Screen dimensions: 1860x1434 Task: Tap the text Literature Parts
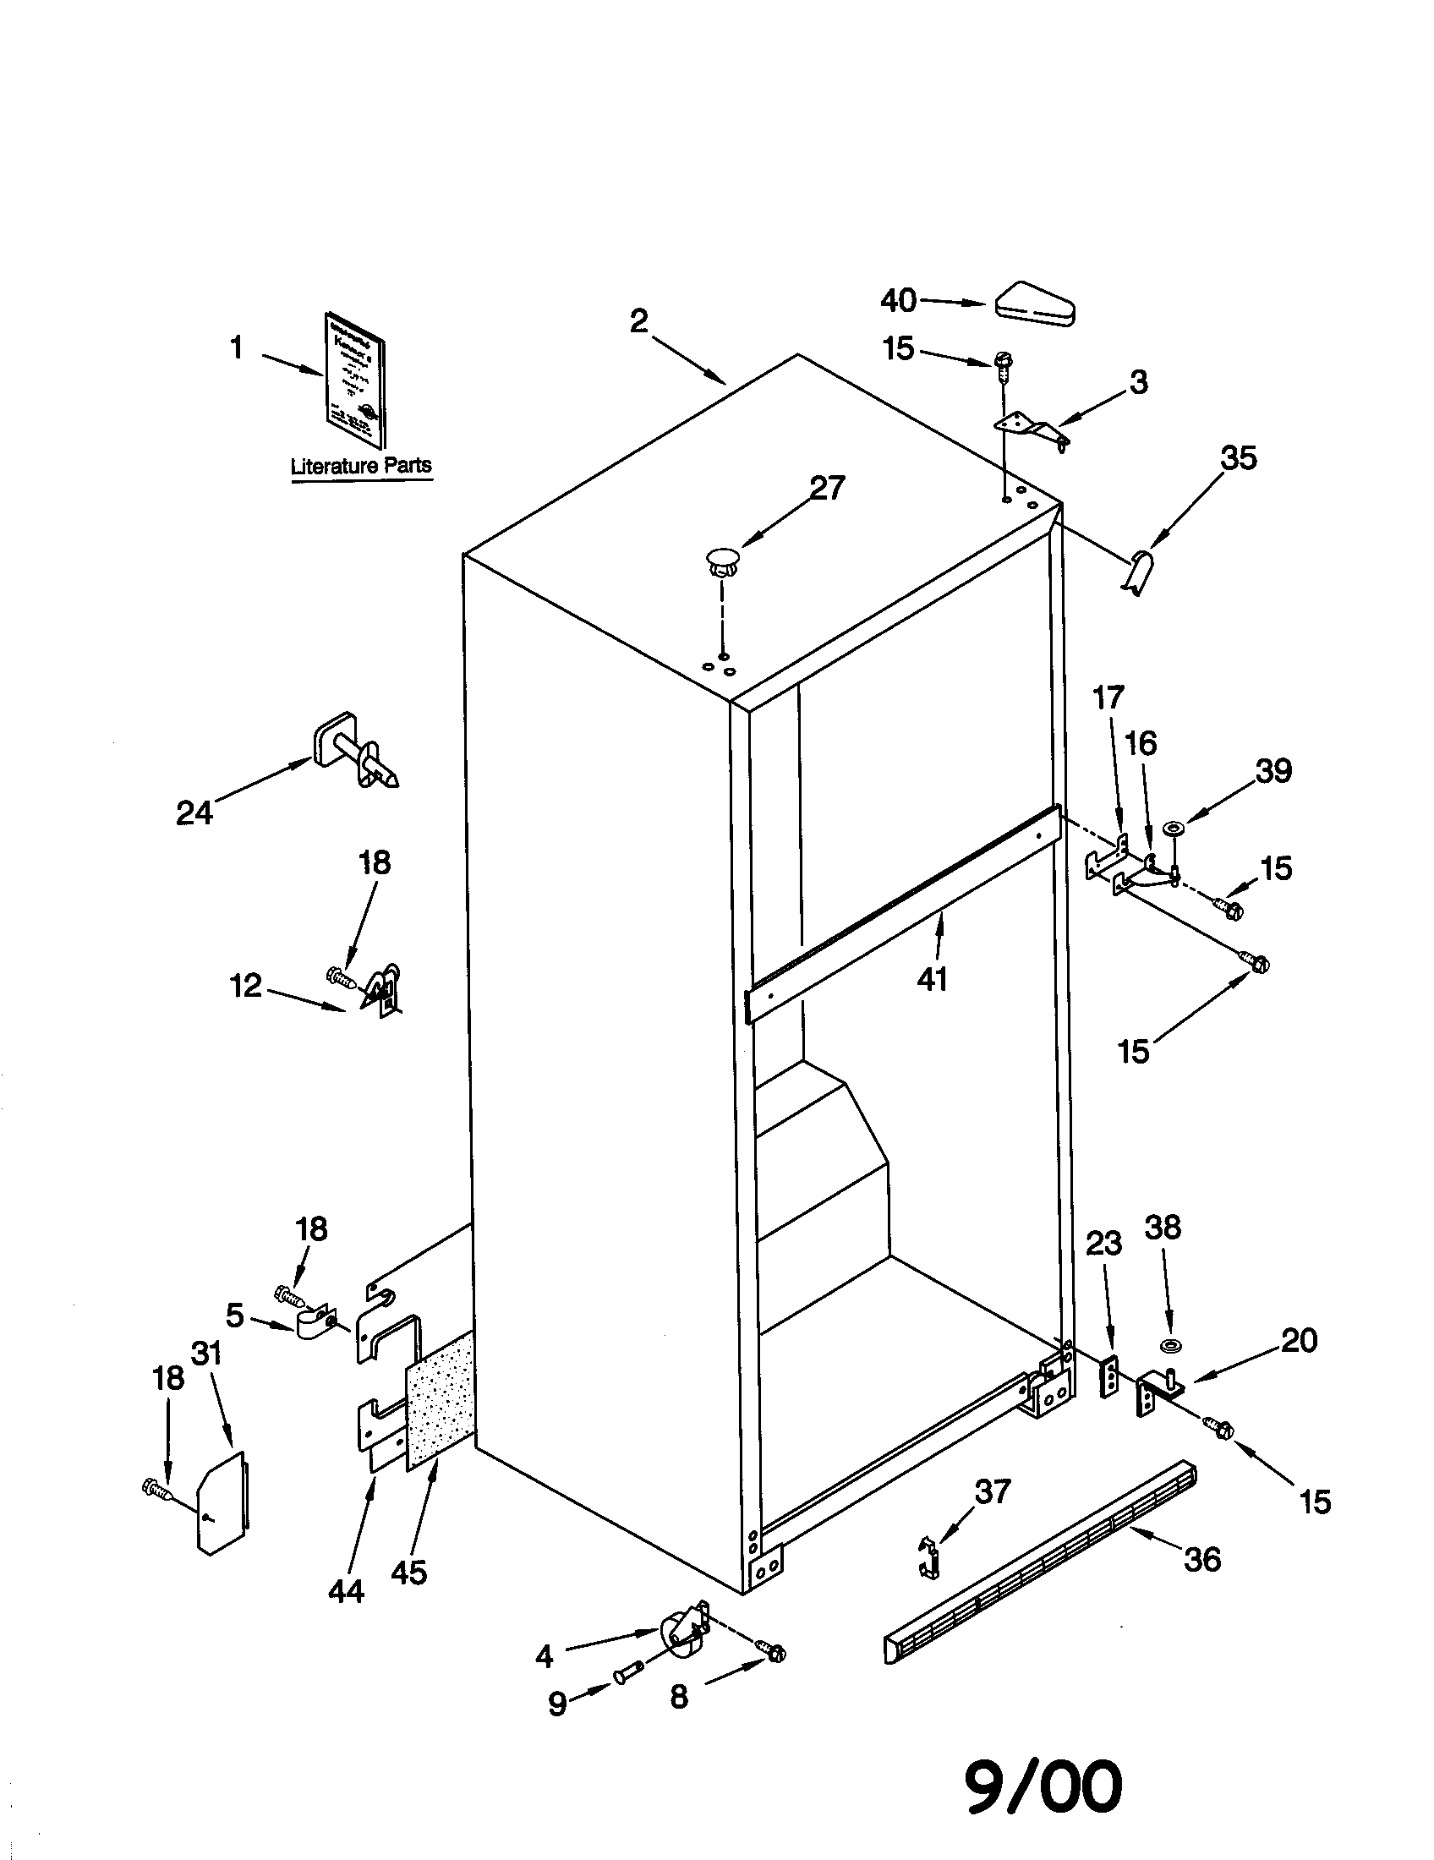coord(361,466)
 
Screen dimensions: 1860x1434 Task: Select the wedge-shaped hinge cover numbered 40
coord(1035,304)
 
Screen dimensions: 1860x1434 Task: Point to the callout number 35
coord(1238,458)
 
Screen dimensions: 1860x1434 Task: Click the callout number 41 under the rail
coord(932,979)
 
